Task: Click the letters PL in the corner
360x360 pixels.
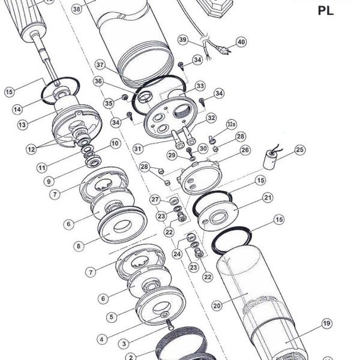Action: pos(326,11)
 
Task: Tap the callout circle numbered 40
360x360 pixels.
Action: pos(241,42)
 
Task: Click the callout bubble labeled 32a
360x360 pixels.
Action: pos(232,124)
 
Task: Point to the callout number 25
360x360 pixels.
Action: pos(300,150)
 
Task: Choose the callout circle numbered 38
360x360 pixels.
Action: pos(77,9)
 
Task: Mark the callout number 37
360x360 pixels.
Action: pos(100,65)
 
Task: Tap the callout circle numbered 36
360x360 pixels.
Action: pos(98,81)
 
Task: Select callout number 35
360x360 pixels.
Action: pos(109,103)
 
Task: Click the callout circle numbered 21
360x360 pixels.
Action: pos(268,197)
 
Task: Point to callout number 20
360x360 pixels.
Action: pos(217,305)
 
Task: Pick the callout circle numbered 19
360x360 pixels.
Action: pos(326,323)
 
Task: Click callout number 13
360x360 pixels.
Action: pos(22,125)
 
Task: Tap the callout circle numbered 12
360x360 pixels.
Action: pos(31,149)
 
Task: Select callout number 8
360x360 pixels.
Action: pos(79,246)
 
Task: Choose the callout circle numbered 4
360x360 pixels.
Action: pos(102,339)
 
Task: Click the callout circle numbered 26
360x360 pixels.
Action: pos(245,150)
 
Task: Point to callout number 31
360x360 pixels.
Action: pos(138,149)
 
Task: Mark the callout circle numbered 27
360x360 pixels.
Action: pos(155,199)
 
